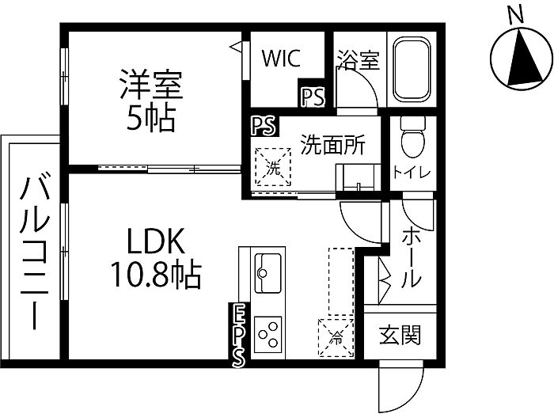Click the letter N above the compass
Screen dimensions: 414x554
pos(516,13)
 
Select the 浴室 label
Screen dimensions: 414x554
pos(357,61)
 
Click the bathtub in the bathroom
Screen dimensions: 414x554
pos(411,70)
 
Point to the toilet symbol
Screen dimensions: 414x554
pos(412,142)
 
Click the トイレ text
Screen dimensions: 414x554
pos(412,172)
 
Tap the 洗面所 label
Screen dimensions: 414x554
pos(332,144)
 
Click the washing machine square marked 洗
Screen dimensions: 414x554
pos(272,167)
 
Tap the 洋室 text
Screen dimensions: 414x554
pos(151,85)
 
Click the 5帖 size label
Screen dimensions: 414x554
pos(151,118)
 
